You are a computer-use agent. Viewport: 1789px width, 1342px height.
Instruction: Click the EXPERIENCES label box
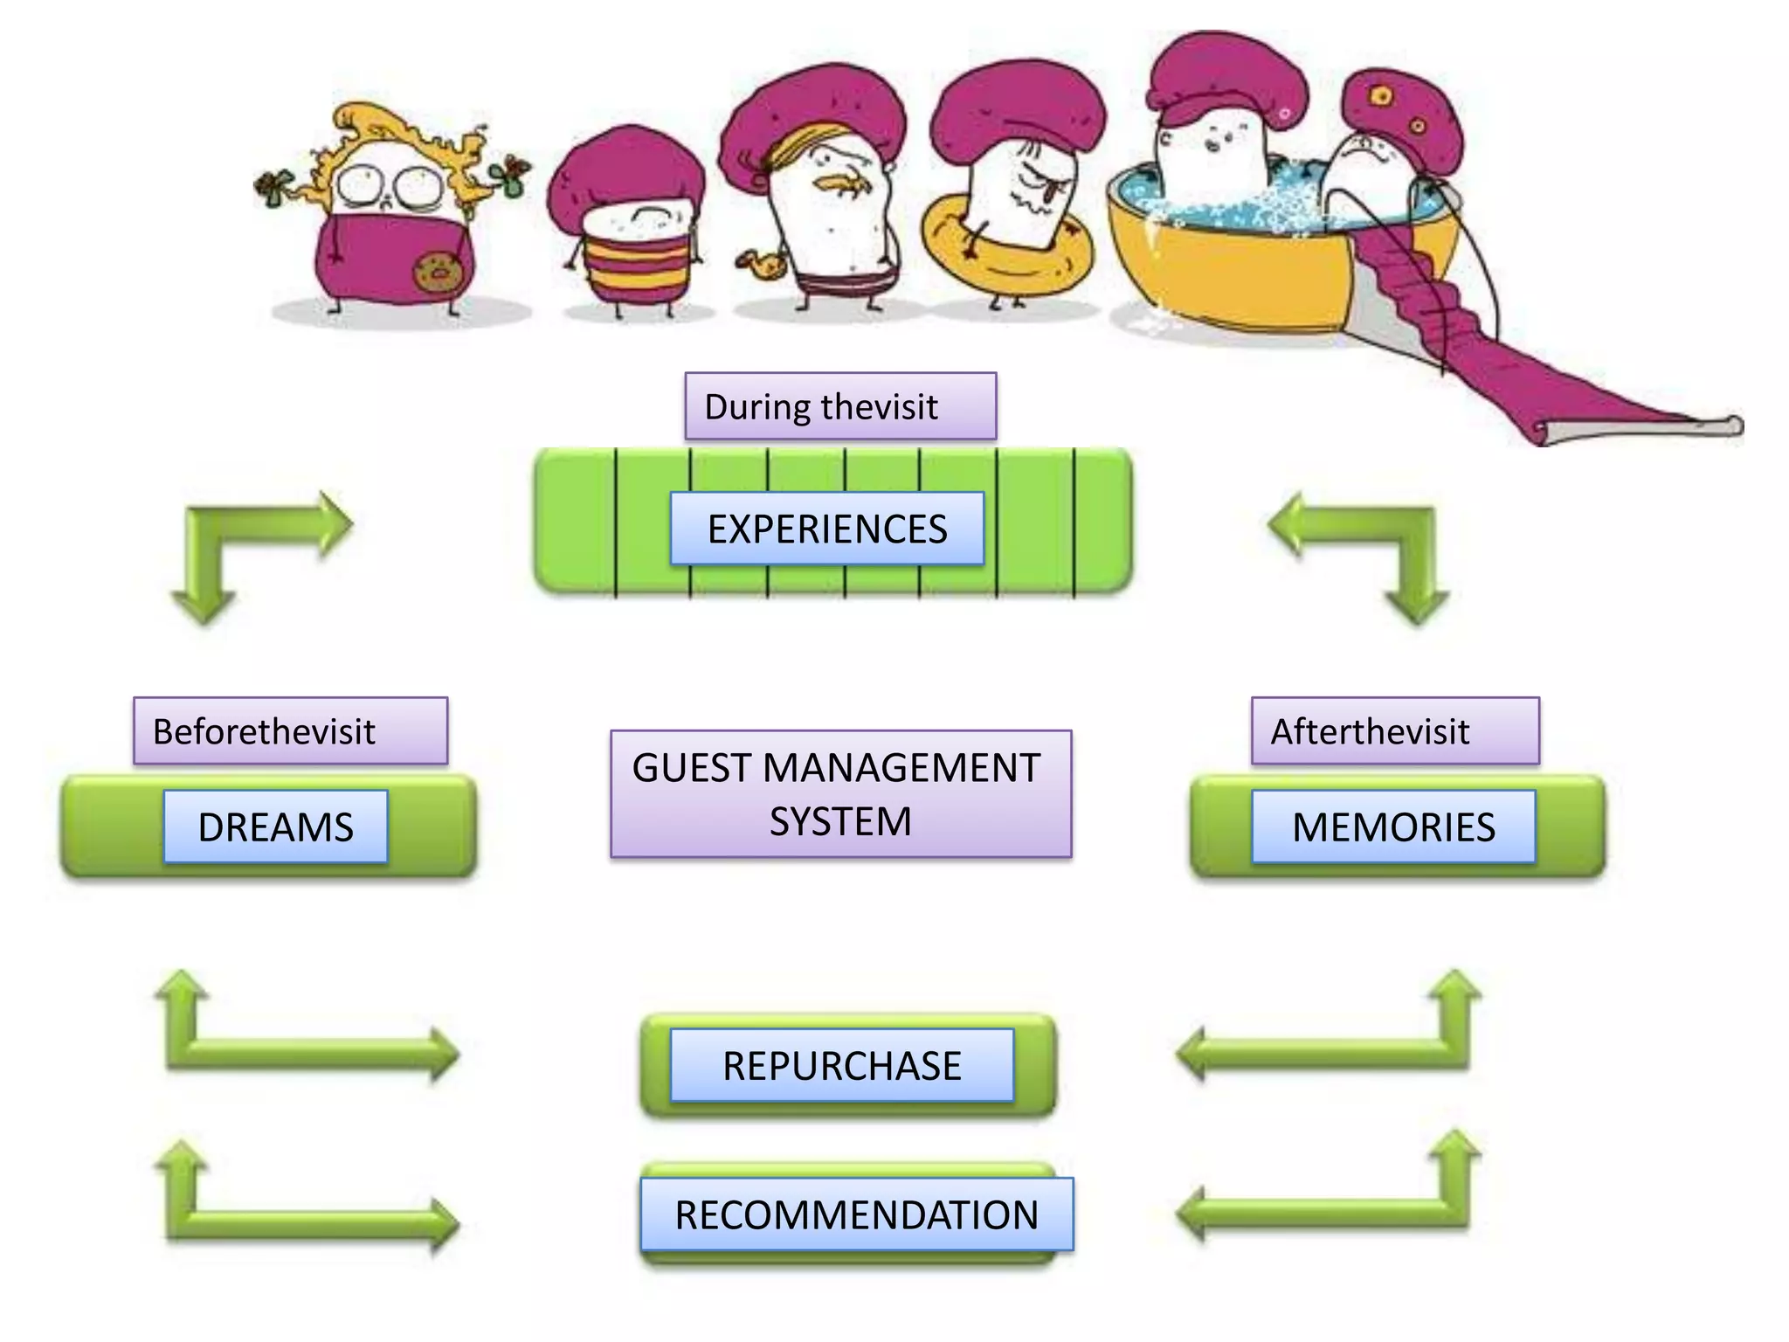pyautogui.click(x=826, y=529)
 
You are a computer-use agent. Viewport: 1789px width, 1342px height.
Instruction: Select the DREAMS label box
pyautogui.click(x=275, y=827)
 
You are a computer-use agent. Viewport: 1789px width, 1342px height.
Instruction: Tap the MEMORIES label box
pyautogui.click(x=1392, y=827)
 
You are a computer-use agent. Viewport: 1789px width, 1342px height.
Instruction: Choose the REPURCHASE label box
pyautogui.click(x=841, y=1065)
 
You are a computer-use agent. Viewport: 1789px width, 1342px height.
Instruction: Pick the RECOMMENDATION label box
pyautogui.click(x=856, y=1214)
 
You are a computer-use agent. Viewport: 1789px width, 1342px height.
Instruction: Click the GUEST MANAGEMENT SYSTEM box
pyautogui.click(x=840, y=793)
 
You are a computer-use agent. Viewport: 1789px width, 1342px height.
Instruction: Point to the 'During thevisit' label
pyautogui.click(x=839, y=406)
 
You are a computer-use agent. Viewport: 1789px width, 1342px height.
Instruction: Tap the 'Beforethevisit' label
pyautogui.click(x=290, y=730)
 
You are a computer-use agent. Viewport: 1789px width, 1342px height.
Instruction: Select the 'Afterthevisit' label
pyautogui.click(x=1394, y=730)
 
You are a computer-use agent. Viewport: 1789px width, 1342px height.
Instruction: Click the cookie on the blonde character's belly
pyautogui.click(x=437, y=273)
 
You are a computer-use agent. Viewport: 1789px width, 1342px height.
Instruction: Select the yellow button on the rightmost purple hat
pyautogui.click(x=1381, y=95)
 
